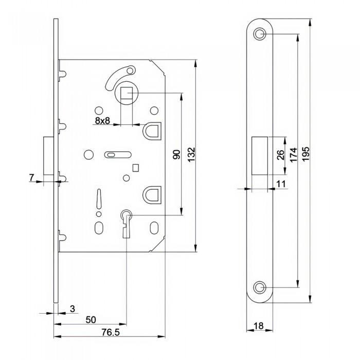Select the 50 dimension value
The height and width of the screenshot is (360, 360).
[x=91, y=319]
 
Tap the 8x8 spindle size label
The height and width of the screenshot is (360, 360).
[x=103, y=120]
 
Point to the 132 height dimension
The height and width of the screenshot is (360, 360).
[x=191, y=154]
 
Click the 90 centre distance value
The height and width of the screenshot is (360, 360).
[x=177, y=154]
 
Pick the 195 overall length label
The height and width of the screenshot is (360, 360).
[x=305, y=154]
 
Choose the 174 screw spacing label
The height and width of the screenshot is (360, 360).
[x=293, y=155]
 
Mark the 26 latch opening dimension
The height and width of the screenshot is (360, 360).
[x=281, y=155]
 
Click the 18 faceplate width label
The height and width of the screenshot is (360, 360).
[x=259, y=326]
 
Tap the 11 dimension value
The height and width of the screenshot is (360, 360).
[x=281, y=184]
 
